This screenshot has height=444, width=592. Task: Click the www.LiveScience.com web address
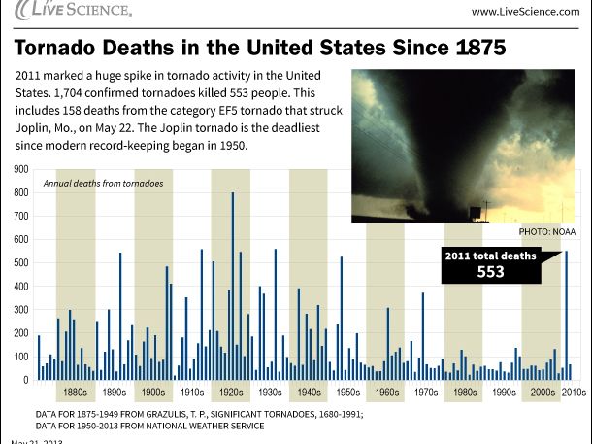pyautogui.click(x=525, y=11)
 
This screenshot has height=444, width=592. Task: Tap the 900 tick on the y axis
pyautogui.click(x=20, y=169)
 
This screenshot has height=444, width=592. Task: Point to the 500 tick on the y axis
pyautogui.click(x=20, y=262)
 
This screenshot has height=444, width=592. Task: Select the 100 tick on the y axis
pyautogui.click(x=20, y=357)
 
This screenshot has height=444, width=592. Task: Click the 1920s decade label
pyautogui.click(x=231, y=393)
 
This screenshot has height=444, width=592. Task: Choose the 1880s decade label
pyautogui.click(x=75, y=393)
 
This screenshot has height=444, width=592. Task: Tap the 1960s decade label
pyautogui.click(x=386, y=393)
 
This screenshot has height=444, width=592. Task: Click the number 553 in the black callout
pyautogui.click(x=490, y=272)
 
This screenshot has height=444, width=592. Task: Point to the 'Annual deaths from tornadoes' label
pyautogui.click(x=104, y=183)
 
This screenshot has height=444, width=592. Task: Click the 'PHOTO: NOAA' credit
pyautogui.click(x=546, y=232)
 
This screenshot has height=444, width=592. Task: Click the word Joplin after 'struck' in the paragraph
pyautogui.click(x=37, y=128)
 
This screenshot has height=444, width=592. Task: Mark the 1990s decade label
pyautogui.click(x=503, y=393)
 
